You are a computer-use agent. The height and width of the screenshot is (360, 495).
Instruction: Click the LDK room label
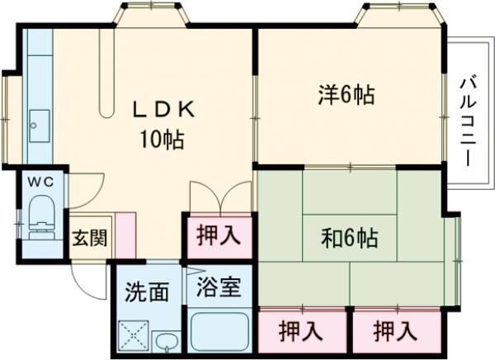165,109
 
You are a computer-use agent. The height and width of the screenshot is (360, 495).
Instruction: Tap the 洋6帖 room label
346,95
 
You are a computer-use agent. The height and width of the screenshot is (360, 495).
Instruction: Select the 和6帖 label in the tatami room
349,239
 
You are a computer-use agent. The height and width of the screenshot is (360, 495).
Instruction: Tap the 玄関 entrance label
88,239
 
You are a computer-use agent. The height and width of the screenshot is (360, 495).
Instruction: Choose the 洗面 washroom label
148,291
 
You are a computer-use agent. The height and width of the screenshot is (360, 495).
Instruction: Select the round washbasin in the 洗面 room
166,340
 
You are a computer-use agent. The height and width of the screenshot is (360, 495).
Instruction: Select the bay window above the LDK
149,15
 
